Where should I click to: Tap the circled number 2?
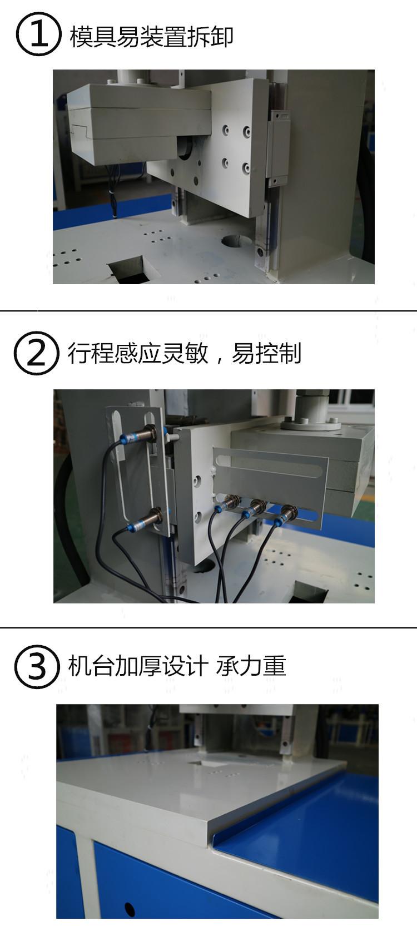(x=36, y=353)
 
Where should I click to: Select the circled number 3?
(x=37, y=666)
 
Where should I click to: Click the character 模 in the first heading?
(x=81, y=37)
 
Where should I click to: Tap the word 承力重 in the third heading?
(x=251, y=666)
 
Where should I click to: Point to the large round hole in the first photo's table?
(x=238, y=240)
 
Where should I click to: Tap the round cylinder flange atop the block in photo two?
(x=310, y=425)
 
